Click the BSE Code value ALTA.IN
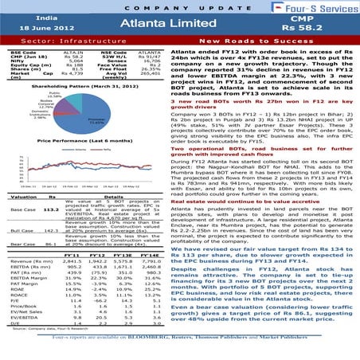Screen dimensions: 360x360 (x=72, y=49)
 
